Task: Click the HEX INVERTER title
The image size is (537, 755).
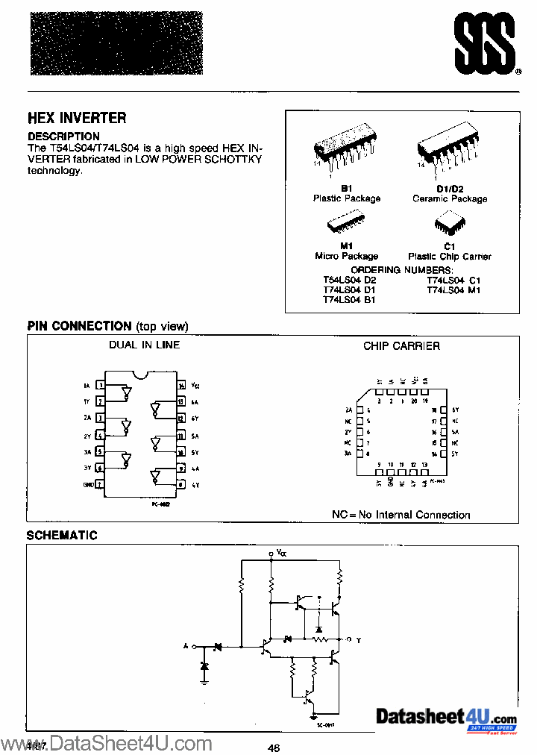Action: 77,118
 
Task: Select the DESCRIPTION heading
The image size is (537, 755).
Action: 63,137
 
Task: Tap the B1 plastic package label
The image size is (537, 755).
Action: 346,189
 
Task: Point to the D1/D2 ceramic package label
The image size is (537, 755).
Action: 450,189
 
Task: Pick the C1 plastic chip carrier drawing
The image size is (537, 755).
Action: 449,225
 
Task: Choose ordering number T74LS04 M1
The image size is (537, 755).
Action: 453,289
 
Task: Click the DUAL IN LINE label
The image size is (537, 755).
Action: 144,345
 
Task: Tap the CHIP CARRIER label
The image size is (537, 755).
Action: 401,345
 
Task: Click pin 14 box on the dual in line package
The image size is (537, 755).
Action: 181,386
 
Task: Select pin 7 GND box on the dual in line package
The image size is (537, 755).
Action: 99,484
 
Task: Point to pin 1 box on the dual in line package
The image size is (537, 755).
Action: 99,386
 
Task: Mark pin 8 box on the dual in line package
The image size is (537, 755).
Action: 181,484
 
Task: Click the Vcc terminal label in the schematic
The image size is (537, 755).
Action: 280,553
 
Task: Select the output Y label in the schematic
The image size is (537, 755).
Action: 357,640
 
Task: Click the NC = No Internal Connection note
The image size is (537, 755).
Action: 401,515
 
